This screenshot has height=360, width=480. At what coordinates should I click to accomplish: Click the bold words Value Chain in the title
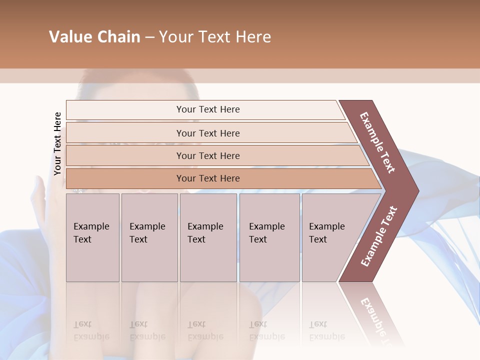click(x=94, y=37)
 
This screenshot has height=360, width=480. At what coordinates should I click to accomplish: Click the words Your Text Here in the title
click(x=215, y=37)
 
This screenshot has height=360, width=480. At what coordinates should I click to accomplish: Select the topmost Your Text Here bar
click(x=207, y=109)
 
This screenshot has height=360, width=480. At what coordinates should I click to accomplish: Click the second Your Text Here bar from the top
click(x=207, y=133)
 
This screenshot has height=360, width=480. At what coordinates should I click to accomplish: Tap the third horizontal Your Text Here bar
click(x=207, y=155)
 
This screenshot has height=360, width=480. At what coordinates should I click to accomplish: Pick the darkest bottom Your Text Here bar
click(x=207, y=178)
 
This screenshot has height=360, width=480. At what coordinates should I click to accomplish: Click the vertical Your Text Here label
click(x=57, y=143)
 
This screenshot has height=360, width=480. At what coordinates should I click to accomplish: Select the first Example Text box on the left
click(x=92, y=237)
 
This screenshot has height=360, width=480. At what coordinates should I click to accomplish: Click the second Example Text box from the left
click(x=149, y=237)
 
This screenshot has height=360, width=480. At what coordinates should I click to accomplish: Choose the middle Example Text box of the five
click(x=208, y=237)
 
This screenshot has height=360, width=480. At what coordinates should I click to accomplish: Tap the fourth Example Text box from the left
click(x=269, y=237)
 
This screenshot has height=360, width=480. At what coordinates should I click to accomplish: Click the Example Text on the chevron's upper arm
click(x=377, y=142)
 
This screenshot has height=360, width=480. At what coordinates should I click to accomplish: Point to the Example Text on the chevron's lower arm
click(x=379, y=236)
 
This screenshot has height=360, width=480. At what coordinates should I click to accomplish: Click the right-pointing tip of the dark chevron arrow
click(x=416, y=190)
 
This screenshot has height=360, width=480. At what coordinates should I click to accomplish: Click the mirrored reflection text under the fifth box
click(x=326, y=330)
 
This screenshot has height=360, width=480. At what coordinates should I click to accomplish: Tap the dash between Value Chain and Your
click(x=149, y=37)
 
